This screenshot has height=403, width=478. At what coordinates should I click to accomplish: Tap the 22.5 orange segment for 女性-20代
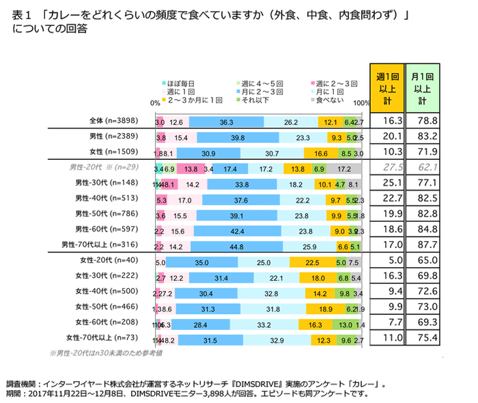311,262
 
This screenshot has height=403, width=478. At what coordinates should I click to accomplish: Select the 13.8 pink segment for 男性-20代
191,168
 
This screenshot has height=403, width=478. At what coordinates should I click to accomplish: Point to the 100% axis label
363,104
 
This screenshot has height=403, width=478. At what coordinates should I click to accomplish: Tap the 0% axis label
154,104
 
